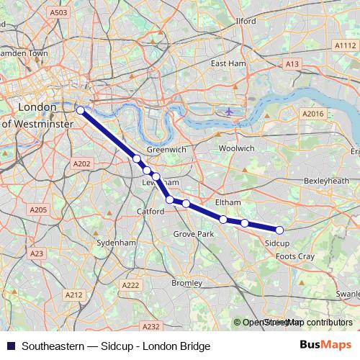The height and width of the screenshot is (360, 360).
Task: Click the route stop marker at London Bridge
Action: point(80,110)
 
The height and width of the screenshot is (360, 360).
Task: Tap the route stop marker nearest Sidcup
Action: point(279,230)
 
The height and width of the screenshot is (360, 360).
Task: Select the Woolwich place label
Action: point(236,148)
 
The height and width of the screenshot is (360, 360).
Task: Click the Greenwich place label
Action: point(166,149)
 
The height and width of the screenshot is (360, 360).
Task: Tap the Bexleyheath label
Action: point(326,180)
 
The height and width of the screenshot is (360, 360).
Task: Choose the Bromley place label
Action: point(187,283)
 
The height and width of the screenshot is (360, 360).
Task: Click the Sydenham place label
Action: point(116,243)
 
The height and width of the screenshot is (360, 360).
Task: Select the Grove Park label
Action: point(195,235)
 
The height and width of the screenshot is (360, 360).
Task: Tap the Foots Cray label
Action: point(295,256)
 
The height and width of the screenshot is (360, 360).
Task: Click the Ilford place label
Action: point(246,22)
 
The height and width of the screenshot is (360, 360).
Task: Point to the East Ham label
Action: point(228,63)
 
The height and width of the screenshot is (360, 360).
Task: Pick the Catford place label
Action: point(151,212)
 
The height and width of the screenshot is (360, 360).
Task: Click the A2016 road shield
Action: point(312,114)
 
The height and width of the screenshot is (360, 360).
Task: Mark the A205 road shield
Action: point(37,210)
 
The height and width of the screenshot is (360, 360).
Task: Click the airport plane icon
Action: point(229,112)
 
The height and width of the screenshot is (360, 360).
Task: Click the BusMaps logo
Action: point(326,345)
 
